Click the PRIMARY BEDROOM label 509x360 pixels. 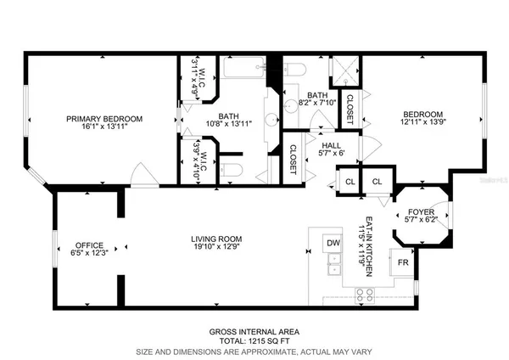102,119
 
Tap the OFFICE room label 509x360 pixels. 88,243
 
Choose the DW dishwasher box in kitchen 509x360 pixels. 333,245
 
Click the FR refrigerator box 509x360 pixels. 405,263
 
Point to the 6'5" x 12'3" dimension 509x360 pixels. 88,252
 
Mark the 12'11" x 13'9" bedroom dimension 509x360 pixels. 422,124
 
